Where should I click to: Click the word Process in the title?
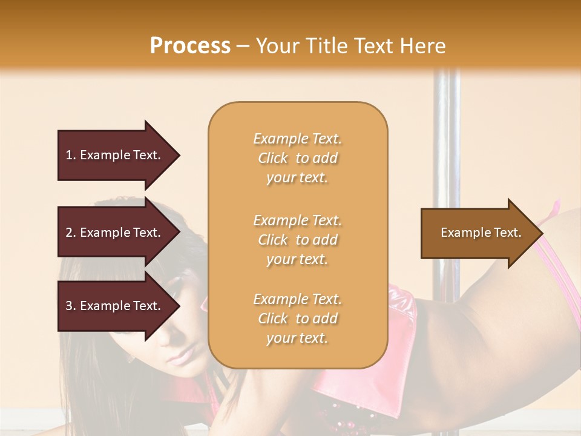pos(190,46)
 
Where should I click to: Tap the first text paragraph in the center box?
pos(297,158)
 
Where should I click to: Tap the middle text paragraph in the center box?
pos(297,240)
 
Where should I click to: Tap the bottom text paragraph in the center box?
pos(297,319)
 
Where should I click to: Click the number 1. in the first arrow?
pos(71,155)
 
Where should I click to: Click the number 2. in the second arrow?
pos(71,233)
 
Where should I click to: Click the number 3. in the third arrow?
pos(71,306)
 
